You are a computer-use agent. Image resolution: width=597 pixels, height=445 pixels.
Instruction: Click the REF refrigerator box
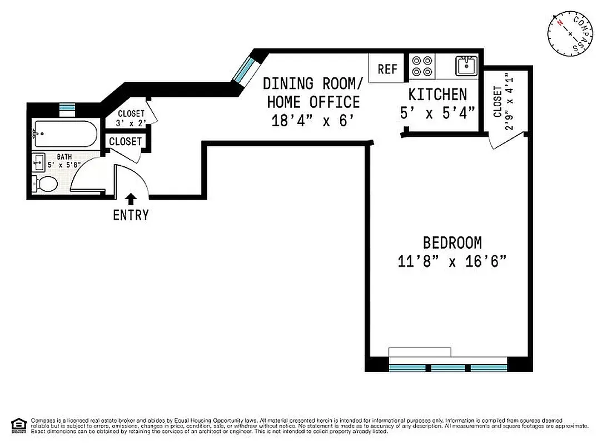(387, 68)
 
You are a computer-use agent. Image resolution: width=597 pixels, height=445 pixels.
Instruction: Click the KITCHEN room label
(437, 94)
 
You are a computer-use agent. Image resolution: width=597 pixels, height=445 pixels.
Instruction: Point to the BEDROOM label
(452, 243)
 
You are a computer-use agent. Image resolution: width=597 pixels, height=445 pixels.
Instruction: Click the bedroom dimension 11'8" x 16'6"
(452, 261)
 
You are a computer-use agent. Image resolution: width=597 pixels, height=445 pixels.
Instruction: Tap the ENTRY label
(131, 215)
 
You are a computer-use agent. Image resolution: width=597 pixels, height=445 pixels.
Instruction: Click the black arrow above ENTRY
(131, 199)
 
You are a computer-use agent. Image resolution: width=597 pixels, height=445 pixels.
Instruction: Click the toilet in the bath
(46, 184)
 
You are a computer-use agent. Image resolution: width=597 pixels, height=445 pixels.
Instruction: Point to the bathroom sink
(39, 164)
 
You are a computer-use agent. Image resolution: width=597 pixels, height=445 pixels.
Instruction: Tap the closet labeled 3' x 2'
(131, 118)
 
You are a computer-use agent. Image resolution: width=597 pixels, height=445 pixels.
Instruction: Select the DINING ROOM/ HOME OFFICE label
(313, 92)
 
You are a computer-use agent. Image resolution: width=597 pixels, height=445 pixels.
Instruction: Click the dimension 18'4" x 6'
(313, 120)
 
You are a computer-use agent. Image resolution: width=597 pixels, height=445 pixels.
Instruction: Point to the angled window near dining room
(243, 70)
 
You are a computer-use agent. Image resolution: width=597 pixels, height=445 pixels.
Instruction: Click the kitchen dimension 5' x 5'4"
(437, 113)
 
